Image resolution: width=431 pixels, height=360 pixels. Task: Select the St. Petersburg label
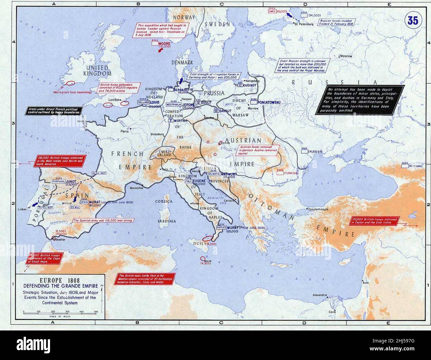tap(304, 25)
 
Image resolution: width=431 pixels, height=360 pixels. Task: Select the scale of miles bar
tap(60, 313)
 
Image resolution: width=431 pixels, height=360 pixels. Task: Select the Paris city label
tap(124, 131)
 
